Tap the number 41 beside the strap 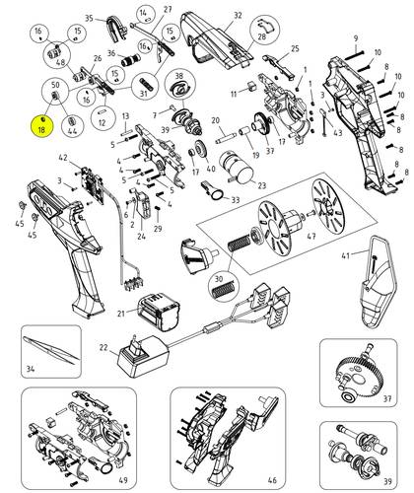coord(346,256)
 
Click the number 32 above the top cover coord(238,17)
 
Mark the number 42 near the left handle coord(62,158)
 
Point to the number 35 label coord(88,19)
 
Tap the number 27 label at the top coord(168,10)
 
